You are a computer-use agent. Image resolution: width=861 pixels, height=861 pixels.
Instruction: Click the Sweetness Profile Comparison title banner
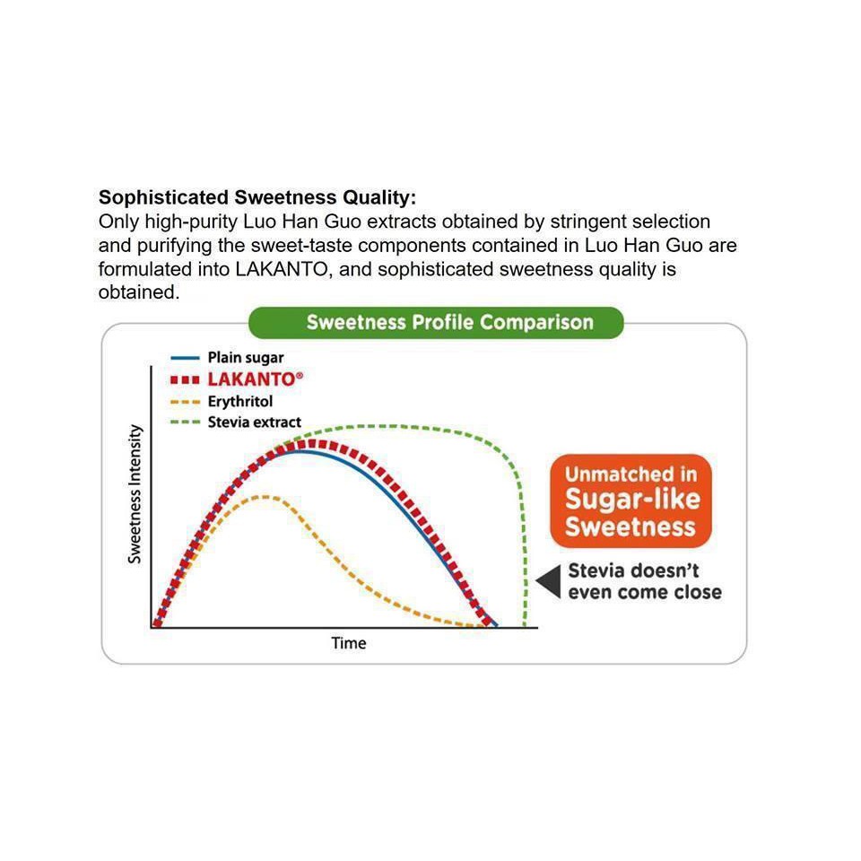click(x=436, y=322)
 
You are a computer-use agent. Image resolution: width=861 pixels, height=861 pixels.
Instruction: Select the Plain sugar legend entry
click(x=227, y=358)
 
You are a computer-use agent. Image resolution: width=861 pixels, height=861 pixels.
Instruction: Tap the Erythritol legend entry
click(x=222, y=402)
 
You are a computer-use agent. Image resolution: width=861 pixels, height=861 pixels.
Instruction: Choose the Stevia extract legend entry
click(x=236, y=422)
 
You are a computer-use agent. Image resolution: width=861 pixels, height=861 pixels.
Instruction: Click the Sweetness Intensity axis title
click(x=135, y=493)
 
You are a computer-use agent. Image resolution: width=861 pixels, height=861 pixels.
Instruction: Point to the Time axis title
click(x=349, y=643)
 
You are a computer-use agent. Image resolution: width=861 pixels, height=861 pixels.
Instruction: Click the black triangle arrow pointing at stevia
click(x=550, y=581)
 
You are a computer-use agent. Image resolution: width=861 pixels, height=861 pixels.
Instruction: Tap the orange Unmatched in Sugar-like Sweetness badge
click(x=631, y=500)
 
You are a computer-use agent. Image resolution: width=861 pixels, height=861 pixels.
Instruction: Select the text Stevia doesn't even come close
click(x=645, y=581)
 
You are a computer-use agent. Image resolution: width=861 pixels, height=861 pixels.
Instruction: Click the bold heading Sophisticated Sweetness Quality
click(x=257, y=197)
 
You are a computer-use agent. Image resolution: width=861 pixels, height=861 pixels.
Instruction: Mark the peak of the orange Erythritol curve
click(x=265, y=497)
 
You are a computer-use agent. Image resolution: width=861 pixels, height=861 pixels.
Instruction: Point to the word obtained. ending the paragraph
click(x=139, y=292)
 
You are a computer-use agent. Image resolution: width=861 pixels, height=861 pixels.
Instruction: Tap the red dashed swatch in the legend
click(x=185, y=380)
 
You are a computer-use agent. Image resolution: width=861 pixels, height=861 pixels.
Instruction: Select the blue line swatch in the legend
click(x=185, y=358)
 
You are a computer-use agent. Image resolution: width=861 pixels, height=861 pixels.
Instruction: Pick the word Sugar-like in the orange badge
click(x=632, y=500)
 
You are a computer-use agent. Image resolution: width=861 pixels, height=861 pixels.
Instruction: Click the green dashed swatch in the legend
click(x=185, y=422)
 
